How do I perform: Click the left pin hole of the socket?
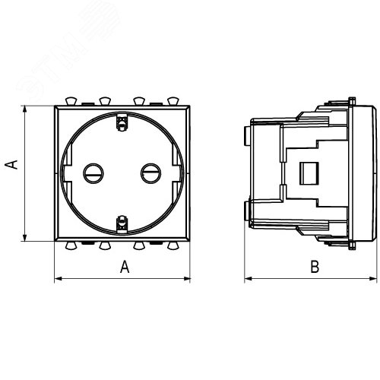tap(93, 173)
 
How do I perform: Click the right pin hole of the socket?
tap(150, 173)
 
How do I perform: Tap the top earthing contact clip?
tap(122, 122)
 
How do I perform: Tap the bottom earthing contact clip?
tap(122, 224)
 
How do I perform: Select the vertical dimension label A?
tap(11, 164)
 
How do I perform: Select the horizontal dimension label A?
tap(125, 267)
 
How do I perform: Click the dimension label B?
tap(315, 267)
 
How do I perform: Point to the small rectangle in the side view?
tap(309, 173)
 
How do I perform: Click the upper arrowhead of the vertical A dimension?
tap(24, 109)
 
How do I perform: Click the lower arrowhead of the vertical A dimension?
tap(24, 238)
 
